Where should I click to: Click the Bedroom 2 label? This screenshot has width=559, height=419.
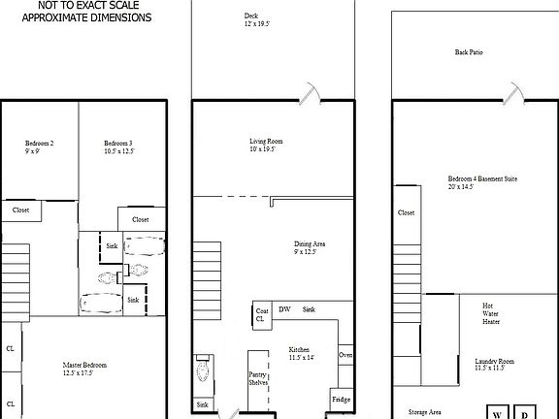click(x=39, y=147)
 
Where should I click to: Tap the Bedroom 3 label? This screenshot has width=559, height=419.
click(x=118, y=147)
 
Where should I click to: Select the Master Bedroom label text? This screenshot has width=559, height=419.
click(x=78, y=368)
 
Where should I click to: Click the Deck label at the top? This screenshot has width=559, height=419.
click(x=251, y=19)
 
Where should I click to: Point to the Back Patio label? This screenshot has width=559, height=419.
click(x=469, y=52)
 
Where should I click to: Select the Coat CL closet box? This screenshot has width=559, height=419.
click(x=261, y=314)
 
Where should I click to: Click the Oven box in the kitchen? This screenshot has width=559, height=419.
click(x=345, y=355)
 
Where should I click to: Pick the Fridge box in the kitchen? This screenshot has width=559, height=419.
click(x=341, y=399)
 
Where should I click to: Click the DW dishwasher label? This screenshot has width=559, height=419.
click(x=285, y=309)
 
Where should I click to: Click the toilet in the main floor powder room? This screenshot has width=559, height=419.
click(x=204, y=370)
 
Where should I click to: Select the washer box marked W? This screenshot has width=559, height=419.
click(x=496, y=412)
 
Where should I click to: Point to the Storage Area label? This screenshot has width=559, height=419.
click(x=425, y=411)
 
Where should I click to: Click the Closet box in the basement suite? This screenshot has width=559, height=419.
click(x=407, y=212)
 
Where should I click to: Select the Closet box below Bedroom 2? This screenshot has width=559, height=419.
click(x=20, y=209)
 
